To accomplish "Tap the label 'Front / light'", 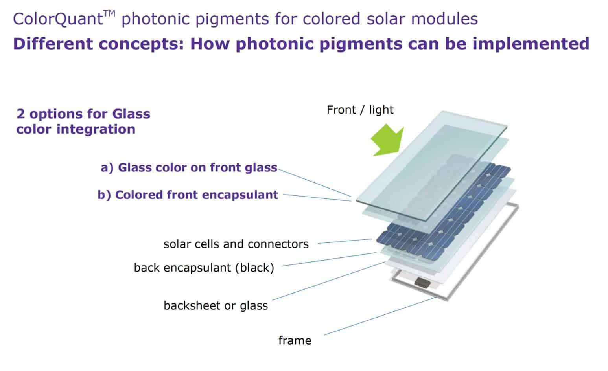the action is (x=360, y=110).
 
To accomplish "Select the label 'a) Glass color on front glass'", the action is (x=189, y=167).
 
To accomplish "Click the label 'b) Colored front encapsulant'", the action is (x=188, y=195).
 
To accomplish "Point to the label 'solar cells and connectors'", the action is (x=236, y=244).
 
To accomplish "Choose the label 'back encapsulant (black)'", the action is (x=204, y=268).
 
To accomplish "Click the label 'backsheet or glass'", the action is (x=216, y=306).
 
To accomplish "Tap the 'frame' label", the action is (x=295, y=340).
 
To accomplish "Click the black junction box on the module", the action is (x=422, y=283).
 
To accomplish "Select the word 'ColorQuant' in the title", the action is (x=58, y=19).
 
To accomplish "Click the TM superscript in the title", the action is (x=109, y=14).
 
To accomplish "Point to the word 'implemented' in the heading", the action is (x=531, y=44).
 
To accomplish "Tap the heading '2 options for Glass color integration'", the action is (x=83, y=121).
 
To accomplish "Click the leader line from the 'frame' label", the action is (x=381, y=316).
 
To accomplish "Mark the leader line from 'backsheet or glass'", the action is (x=329, y=281).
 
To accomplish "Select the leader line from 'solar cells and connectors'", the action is (x=345, y=241).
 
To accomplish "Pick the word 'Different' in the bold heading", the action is (x=53, y=44).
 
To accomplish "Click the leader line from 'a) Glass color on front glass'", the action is (x=315, y=183).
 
